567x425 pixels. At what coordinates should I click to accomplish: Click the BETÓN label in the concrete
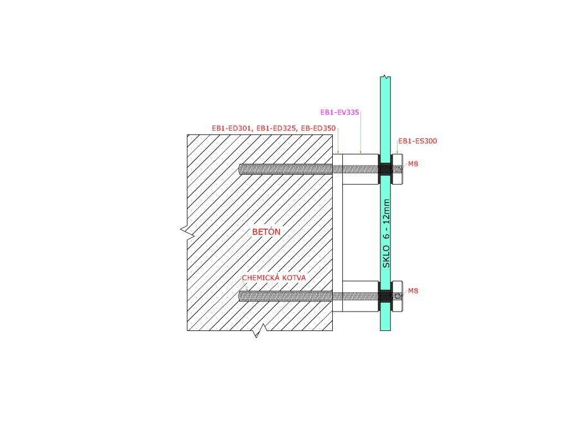(x=266, y=232)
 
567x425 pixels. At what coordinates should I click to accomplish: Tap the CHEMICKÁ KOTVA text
(x=274, y=278)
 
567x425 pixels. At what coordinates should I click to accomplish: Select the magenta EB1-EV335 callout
(x=340, y=112)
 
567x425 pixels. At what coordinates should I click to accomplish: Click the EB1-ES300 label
(x=417, y=141)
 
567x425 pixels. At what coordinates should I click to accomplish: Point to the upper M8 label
(x=413, y=164)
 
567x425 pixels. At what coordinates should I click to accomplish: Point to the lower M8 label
(x=413, y=291)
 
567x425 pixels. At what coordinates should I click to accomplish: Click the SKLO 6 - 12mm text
(x=386, y=234)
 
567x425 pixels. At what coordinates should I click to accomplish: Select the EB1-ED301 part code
(x=231, y=128)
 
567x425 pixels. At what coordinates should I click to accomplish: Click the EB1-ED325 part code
(x=275, y=128)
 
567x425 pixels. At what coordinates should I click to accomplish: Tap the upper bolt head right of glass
(x=398, y=169)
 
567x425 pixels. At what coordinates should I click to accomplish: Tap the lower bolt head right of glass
(x=398, y=296)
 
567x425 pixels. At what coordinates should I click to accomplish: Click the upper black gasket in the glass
(x=385, y=169)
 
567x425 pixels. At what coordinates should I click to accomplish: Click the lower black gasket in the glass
(x=385, y=296)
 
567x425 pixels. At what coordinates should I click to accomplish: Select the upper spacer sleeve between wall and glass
(x=360, y=169)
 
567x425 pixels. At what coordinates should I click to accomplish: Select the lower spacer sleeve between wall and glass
(x=360, y=296)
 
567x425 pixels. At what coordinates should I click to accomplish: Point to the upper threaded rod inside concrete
(x=285, y=169)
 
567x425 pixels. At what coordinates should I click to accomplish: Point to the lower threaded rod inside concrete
(x=285, y=296)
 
